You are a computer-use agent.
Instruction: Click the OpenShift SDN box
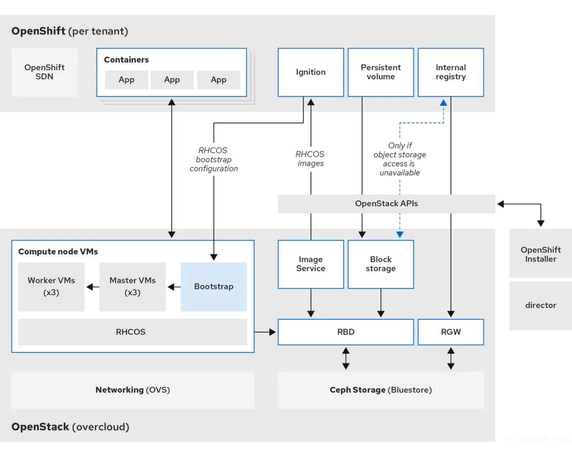click(x=44, y=72)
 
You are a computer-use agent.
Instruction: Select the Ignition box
click(x=310, y=72)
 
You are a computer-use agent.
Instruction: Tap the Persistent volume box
click(x=380, y=72)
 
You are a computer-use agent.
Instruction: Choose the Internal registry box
click(x=450, y=72)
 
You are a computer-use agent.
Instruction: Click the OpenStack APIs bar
click(x=386, y=203)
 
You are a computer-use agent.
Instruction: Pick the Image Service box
click(x=310, y=264)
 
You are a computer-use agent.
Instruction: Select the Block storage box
click(x=380, y=264)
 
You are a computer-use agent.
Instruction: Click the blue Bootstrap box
click(x=214, y=287)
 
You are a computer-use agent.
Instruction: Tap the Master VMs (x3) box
click(x=132, y=287)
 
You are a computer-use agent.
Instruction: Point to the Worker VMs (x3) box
click(x=51, y=287)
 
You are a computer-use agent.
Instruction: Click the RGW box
click(x=450, y=332)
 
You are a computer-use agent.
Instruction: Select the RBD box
click(x=346, y=332)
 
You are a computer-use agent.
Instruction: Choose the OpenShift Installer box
click(x=540, y=255)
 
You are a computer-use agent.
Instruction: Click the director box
click(x=540, y=305)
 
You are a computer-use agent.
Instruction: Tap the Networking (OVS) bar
click(x=132, y=390)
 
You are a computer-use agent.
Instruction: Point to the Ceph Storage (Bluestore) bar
click(x=380, y=390)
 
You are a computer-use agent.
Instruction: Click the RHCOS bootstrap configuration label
click(x=214, y=159)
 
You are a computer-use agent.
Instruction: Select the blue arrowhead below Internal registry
click(x=443, y=103)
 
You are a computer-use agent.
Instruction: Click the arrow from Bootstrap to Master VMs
click(x=173, y=287)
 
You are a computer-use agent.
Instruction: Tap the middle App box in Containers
click(x=172, y=80)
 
